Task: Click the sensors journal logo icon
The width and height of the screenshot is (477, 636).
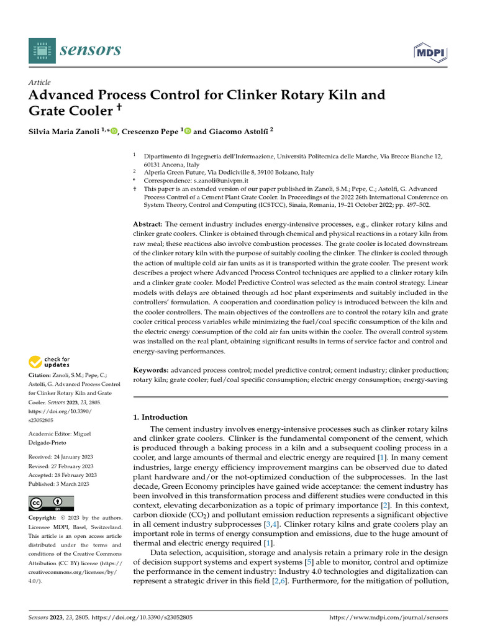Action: point(42,50)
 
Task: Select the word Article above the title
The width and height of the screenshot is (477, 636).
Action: point(40,83)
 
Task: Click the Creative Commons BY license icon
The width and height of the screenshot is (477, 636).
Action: point(51,503)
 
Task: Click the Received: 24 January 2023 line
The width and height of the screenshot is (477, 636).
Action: point(61,457)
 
